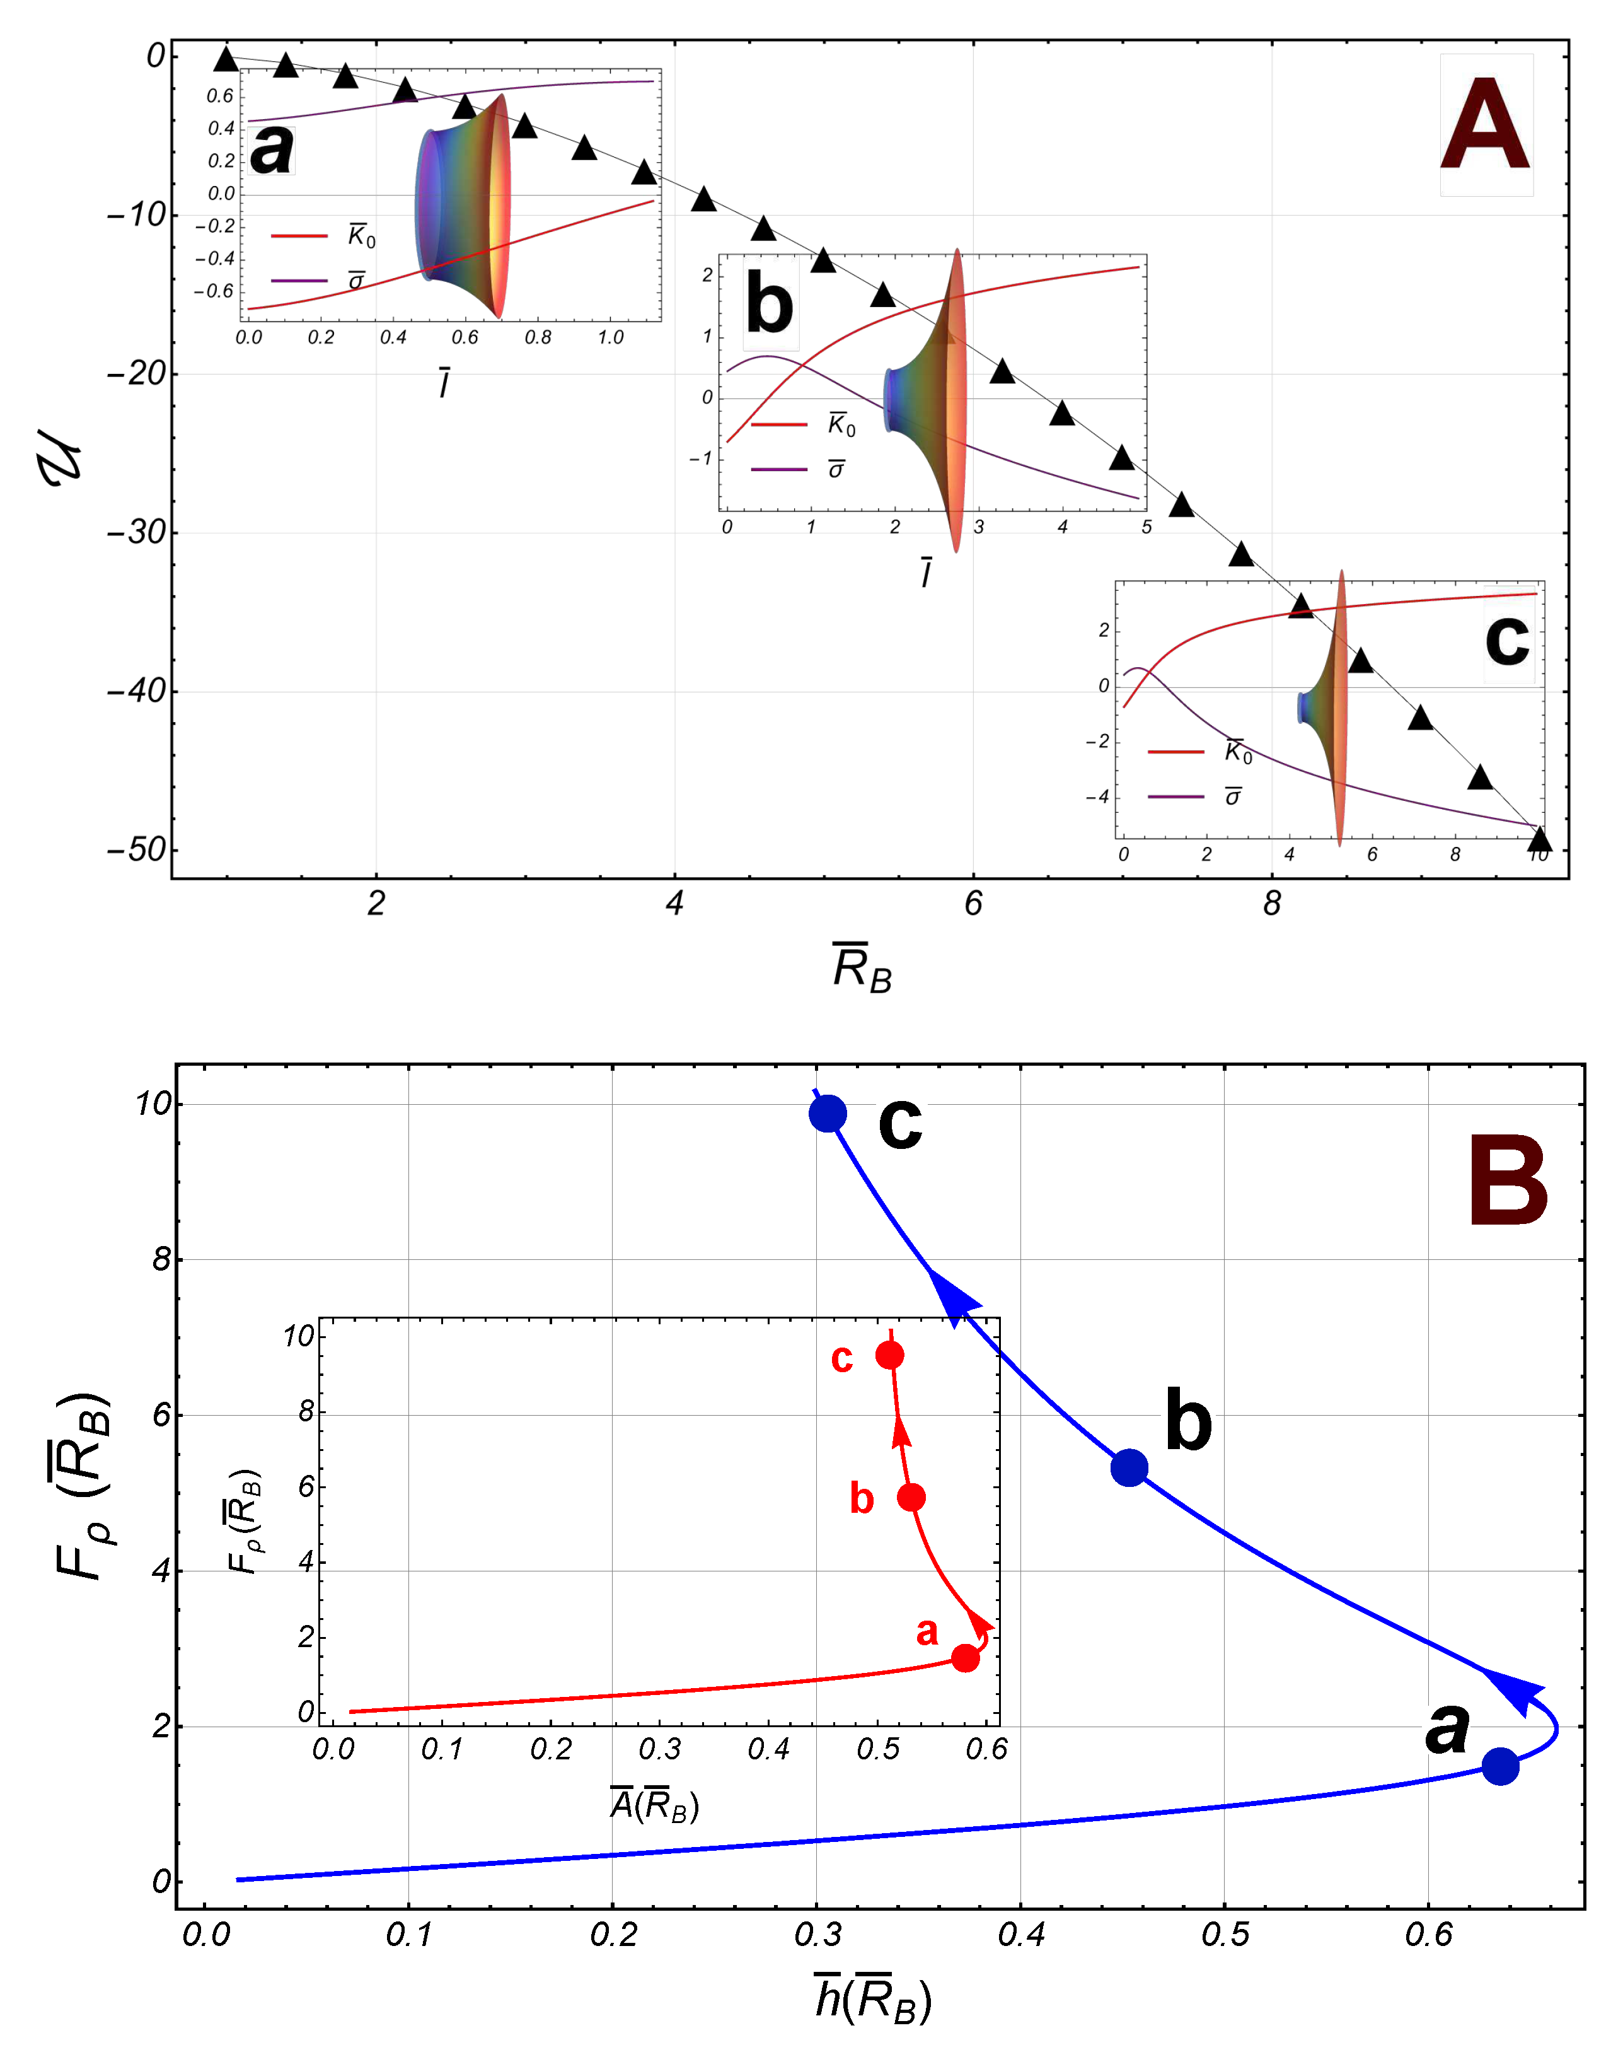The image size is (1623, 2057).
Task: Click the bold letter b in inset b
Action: (x=769, y=304)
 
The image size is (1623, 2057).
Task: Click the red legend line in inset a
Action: (x=299, y=235)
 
